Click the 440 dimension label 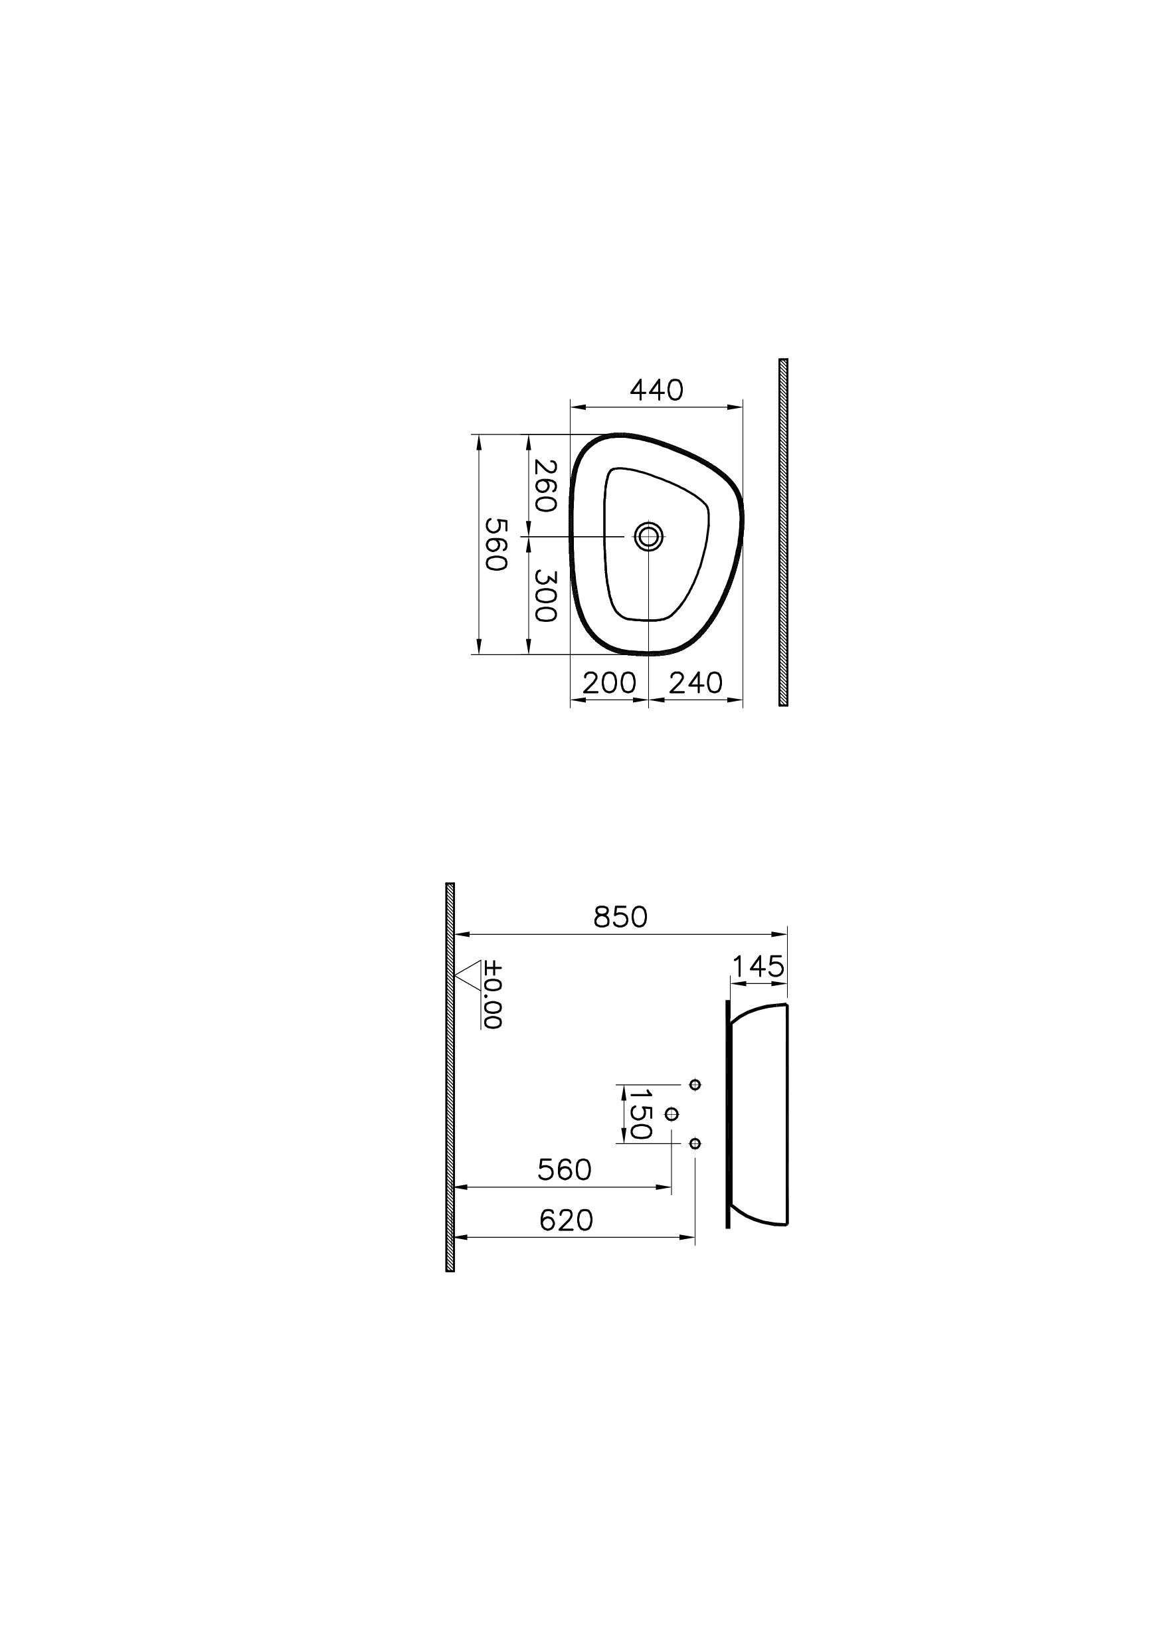tap(656, 391)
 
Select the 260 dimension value tap(545, 485)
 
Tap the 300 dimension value tap(545, 596)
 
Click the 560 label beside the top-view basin tap(495, 544)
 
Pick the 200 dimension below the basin tap(609, 682)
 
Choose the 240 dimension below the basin tap(695, 682)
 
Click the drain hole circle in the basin tap(648, 536)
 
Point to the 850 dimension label tap(620, 917)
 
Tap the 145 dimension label tap(759, 967)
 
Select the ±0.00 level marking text tap(492, 995)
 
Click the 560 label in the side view tap(565, 1171)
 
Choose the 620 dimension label tap(566, 1220)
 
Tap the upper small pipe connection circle tap(694, 1084)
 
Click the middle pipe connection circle tap(672, 1114)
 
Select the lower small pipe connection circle tap(694, 1143)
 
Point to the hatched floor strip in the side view tap(450, 1076)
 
